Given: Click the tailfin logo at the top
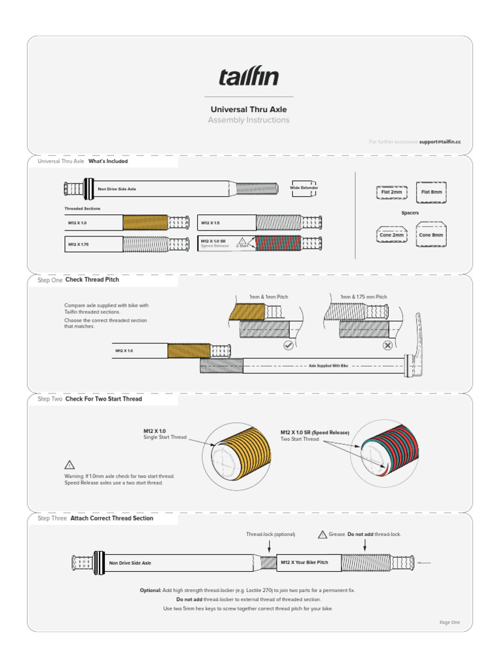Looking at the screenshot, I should [x=249, y=78].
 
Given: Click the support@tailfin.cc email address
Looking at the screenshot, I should [x=439, y=141].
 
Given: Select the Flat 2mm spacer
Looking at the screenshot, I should [x=391, y=192].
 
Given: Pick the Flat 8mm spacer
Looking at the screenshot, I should [x=431, y=192].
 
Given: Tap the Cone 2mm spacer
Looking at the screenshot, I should [x=391, y=235].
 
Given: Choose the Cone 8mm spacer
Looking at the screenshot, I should [x=431, y=235].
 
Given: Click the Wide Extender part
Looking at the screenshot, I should [x=304, y=188].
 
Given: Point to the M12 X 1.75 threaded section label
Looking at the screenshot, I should [x=77, y=244].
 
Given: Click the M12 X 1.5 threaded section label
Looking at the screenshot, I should [x=210, y=223].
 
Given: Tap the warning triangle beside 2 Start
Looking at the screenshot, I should [x=242, y=241].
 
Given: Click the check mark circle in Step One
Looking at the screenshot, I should [x=288, y=345].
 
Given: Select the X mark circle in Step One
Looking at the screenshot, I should [x=387, y=345].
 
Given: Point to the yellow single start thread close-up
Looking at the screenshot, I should [x=238, y=453].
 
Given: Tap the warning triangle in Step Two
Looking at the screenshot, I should [x=70, y=465].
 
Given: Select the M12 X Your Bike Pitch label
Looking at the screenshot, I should [x=304, y=561].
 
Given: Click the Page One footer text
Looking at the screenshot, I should [x=449, y=622].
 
